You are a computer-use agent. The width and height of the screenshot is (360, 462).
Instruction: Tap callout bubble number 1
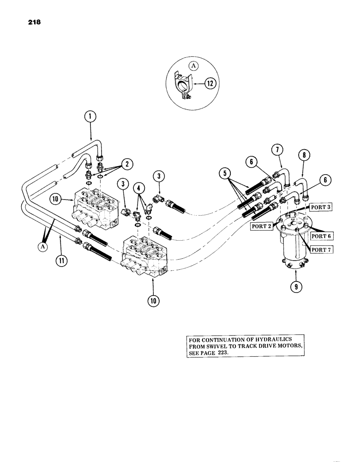[x=90, y=117]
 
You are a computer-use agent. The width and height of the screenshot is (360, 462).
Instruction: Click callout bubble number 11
[x=60, y=260]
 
